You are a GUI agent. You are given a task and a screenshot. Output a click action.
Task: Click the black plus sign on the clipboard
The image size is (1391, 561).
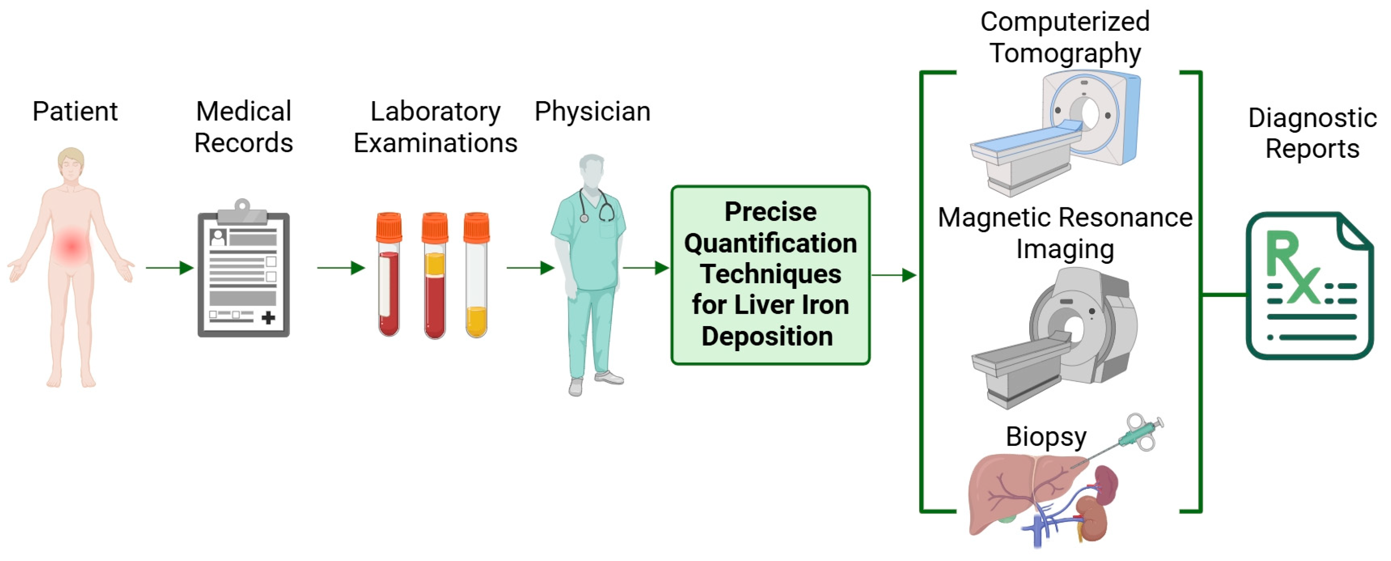(268, 317)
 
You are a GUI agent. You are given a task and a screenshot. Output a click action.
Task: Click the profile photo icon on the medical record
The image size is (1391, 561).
(218, 237)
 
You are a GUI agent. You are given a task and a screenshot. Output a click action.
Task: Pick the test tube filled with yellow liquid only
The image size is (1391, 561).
(476, 276)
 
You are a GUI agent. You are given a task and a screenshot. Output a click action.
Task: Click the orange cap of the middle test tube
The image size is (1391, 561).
(435, 227)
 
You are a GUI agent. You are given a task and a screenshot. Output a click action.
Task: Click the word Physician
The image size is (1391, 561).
(592, 112)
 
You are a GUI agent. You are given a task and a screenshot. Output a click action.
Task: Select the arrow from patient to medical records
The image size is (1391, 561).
(170, 268)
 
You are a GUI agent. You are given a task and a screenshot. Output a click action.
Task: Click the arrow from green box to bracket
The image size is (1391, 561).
(894, 275)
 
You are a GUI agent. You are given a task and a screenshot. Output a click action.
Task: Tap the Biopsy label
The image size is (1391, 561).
(1046, 437)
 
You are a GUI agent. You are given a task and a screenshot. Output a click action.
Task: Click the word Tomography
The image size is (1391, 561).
(1065, 53)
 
